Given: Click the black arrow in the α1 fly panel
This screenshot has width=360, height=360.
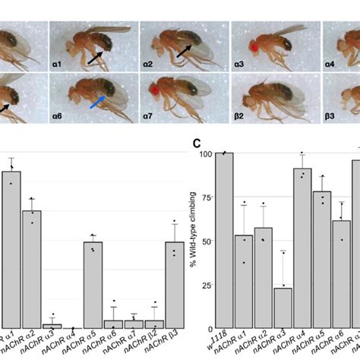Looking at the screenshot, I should [96, 58].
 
